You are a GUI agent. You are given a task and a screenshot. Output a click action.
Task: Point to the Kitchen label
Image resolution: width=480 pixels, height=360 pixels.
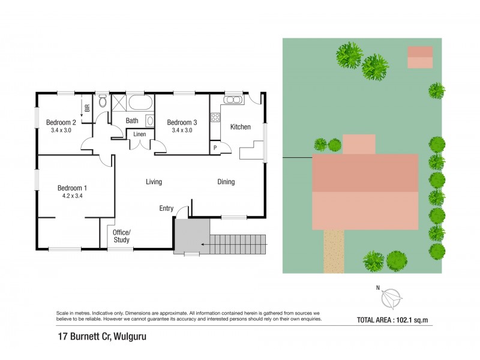pos(240,127)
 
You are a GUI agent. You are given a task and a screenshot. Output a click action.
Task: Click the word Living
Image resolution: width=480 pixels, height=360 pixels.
pos(154,182)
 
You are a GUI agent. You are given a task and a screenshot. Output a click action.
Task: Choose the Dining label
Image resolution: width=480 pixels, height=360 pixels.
pos(226,182)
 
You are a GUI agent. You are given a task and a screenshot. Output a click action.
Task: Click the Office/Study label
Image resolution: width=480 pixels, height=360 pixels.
pos(122,236)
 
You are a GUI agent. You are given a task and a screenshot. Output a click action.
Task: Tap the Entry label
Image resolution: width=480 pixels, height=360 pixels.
pos(166,209)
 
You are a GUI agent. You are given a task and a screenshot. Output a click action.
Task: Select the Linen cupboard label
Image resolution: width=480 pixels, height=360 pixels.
pos(139,134)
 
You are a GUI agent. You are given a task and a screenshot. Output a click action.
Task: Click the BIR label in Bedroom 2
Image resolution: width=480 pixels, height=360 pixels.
pos(88,109)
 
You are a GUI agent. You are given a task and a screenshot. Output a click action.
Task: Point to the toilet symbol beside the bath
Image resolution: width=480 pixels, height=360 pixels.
pos(102,101)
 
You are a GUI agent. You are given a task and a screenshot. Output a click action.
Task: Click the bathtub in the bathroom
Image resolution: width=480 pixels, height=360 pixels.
pos(140,102)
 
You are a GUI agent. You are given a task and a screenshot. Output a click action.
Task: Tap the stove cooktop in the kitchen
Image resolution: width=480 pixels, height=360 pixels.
pos(215,118)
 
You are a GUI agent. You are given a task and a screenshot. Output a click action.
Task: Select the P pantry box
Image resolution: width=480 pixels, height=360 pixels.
pos(214,148)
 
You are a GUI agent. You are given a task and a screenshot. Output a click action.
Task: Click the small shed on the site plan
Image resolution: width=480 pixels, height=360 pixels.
pos(420,57)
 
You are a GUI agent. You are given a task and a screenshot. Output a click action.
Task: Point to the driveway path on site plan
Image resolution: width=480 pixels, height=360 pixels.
pos(334,251)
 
